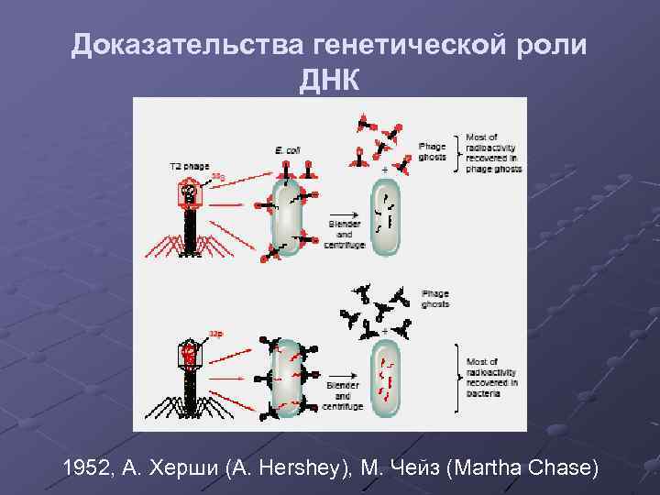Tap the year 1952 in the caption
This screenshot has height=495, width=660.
pos(87,469)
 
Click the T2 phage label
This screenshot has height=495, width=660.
pos(189,166)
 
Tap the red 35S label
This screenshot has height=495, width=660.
pos(217,175)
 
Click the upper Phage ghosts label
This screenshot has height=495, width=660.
pos(432,151)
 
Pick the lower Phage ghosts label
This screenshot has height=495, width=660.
pos(435,299)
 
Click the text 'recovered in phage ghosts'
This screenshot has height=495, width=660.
pos(493,163)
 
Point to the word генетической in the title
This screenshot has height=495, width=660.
pos(413,45)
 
